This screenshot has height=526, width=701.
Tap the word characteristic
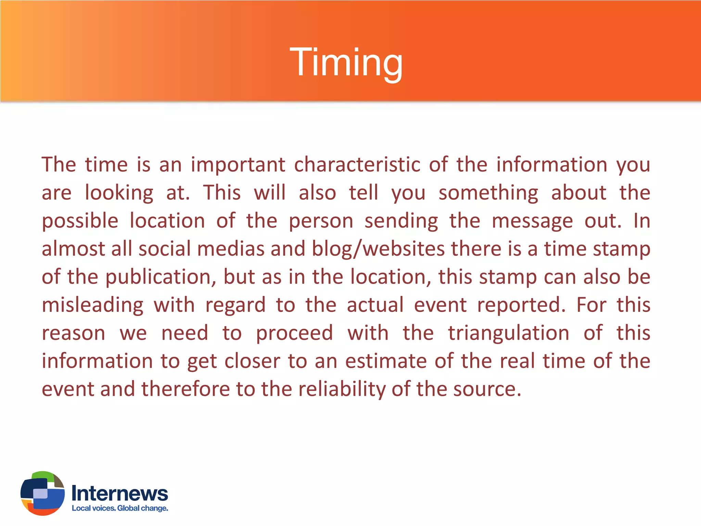pos(357,165)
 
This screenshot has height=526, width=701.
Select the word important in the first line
pos(238,165)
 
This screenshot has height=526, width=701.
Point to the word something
pos(488,193)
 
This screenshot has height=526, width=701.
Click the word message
pos(532,221)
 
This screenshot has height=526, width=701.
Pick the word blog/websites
pos(379,249)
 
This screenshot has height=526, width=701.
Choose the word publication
pos(160,277)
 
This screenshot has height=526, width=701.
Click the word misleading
pos(92,305)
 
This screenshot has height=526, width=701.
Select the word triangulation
pos(509,333)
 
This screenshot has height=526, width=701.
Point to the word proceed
pos(294,333)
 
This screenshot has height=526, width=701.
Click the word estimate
pos(386,361)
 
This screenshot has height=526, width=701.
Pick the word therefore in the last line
pos(186,389)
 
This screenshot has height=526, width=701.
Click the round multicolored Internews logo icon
pos(42,493)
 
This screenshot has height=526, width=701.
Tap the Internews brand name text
pos(120,493)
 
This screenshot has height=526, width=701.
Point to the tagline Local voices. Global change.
pos(120,508)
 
